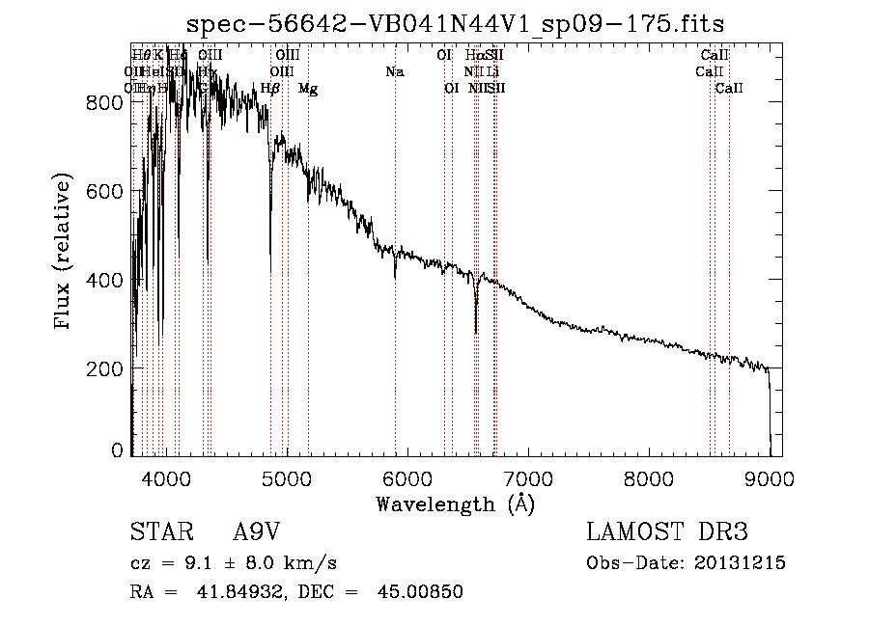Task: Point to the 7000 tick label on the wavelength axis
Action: click(x=528, y=477)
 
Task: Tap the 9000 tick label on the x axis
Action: click(x=770, y=477)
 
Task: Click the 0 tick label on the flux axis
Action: click(x=118, y=450)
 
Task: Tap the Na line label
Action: click(x=394, y=72)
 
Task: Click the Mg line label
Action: click(x=308, y=89)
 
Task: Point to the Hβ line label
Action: click(x=270, y=89)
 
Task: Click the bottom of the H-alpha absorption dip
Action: click(x=476, y=332)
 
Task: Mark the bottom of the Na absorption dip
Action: click(x=395, y=277)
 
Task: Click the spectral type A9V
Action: click(x=258, y=532)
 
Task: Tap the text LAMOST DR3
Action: click(x=666, y=532)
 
